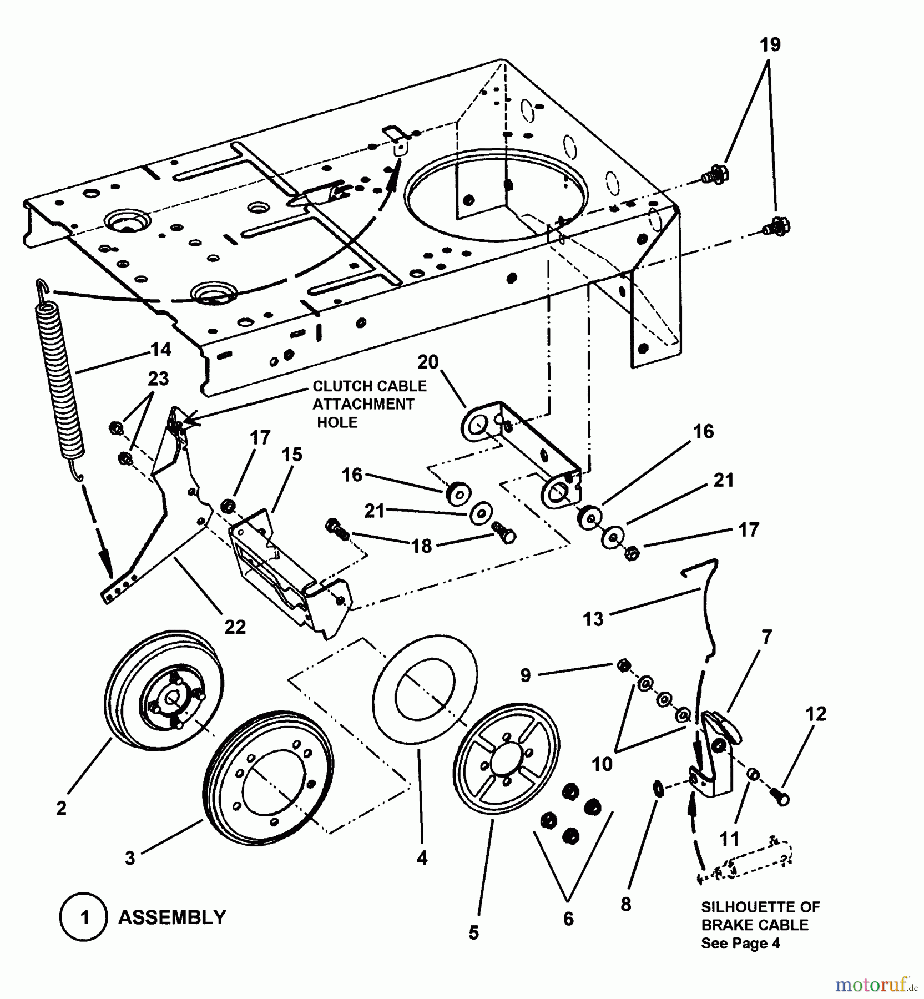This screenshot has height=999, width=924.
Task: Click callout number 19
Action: (770, 45)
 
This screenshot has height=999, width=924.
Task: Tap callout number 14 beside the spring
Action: (160, 350)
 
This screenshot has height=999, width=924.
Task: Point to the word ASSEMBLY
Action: (172, 917)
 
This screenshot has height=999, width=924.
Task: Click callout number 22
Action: (235, 627)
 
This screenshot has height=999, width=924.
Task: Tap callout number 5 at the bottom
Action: (473, 933)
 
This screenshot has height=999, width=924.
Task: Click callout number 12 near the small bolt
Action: (816, 714)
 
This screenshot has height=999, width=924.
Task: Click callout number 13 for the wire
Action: (593, 619)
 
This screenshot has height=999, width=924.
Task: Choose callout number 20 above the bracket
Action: (428, 362)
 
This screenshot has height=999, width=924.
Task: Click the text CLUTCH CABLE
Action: (370, 386)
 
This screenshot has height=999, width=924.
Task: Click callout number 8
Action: (626, 904)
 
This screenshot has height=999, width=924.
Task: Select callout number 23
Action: (158, 379)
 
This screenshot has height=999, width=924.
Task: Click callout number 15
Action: (292, 455)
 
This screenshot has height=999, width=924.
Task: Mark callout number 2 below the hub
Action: (61, 808)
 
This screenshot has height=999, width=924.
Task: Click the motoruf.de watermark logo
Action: (875, 985)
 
